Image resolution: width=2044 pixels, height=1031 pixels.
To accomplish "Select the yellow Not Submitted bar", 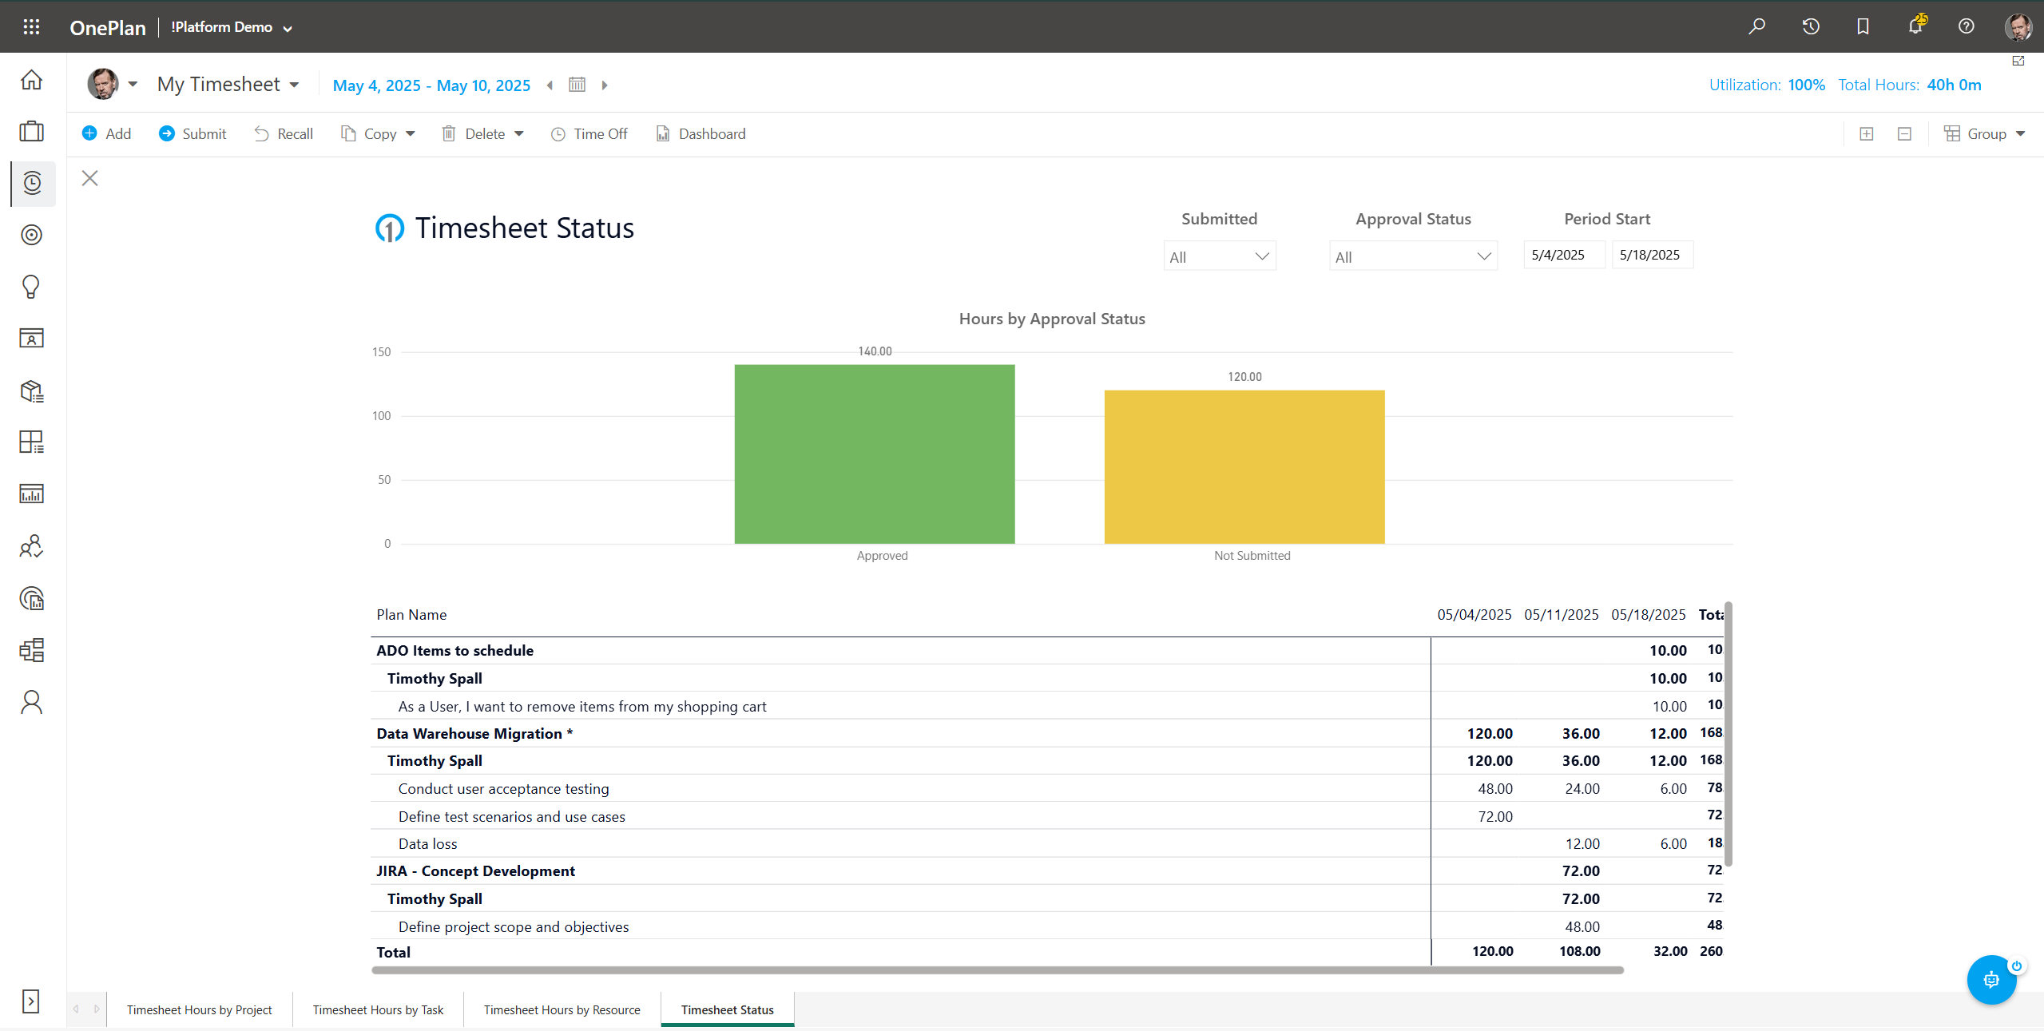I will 1244,466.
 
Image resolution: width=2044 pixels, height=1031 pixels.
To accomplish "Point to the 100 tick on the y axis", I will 382,416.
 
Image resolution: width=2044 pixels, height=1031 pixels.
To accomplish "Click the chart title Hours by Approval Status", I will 1051,319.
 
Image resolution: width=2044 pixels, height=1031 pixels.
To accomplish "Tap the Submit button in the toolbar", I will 192,133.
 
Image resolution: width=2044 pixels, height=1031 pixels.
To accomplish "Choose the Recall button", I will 284,133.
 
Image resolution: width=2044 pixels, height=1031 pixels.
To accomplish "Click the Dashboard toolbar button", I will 701,133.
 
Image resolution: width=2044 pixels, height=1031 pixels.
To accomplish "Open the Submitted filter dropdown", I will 1219,256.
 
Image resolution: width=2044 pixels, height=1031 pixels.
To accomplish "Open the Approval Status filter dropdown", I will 1412,256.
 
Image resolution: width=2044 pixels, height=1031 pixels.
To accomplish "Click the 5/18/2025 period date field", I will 1651,255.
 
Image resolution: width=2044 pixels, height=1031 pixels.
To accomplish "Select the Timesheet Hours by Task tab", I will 378,1009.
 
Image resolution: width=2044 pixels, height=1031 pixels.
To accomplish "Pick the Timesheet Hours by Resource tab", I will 562,1009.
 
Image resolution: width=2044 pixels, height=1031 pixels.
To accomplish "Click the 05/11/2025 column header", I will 1561,614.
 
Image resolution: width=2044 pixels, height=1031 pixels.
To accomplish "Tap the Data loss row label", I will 427,843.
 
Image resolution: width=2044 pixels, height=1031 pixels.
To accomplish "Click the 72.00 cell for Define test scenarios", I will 1494,816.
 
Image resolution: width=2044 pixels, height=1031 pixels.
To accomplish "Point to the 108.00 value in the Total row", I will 1579,951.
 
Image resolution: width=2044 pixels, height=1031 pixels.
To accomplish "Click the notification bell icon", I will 1915,26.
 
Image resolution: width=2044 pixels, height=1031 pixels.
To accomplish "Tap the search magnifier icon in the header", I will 1756,26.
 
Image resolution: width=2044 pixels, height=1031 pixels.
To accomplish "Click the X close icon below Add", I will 89,178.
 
